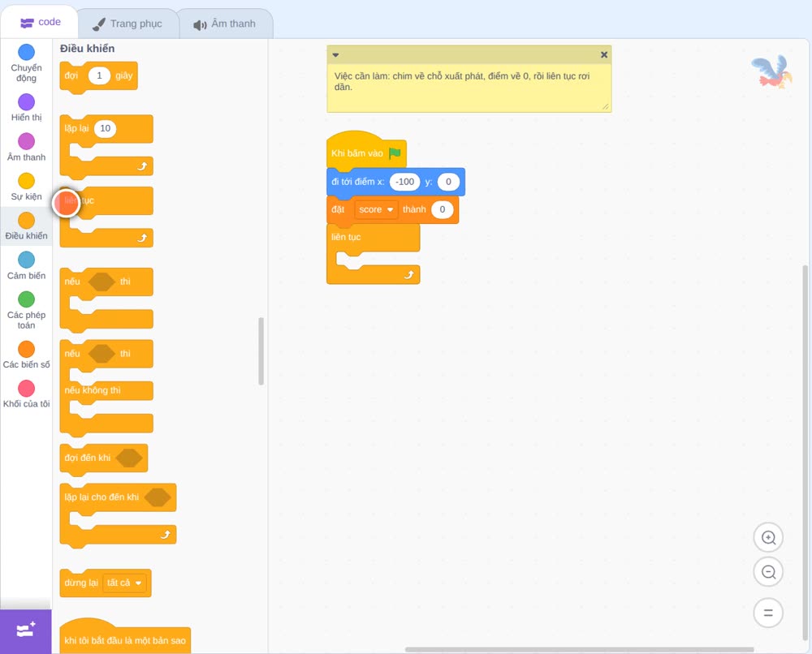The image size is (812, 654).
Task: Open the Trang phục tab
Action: tap(127, 24)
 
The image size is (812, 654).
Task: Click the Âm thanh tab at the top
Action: tap(225, 24)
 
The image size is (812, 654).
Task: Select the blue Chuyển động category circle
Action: tap(27, 52)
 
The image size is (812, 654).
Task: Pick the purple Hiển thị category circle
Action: tap(27, 102)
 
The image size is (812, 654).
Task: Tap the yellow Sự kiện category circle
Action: tap(27, 181)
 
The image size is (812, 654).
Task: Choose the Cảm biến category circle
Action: tap(27, 260)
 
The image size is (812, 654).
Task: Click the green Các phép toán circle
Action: tap(27, 299)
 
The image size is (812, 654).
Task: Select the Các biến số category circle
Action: tap(27, 349)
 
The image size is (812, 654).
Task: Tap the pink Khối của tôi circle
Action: tap(27, 388)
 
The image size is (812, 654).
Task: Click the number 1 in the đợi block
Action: tap(99, 75)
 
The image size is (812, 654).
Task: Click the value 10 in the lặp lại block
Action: tap(105, 128)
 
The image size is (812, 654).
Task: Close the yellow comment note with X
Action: tap(604, 54)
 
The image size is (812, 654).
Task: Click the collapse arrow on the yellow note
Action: tap(335, 55)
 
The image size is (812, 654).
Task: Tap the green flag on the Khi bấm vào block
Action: tap(395, 153)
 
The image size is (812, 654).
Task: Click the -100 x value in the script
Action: tap(404, 182)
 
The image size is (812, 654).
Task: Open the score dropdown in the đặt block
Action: tap(376, 209)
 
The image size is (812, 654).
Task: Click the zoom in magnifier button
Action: tap(768, 538)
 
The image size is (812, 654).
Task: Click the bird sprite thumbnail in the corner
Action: tap(772, 72)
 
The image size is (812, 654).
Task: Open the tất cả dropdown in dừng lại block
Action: tap(124, 583)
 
